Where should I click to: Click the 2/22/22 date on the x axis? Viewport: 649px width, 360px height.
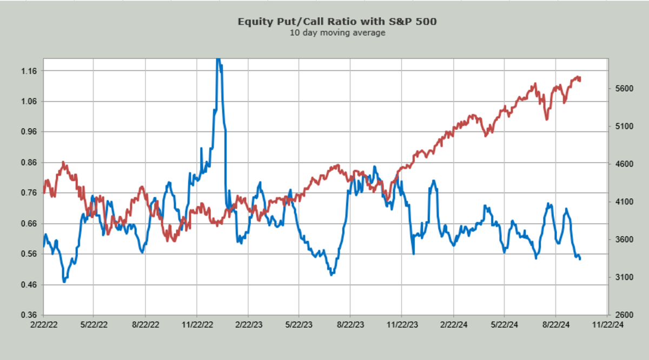click(x=44, y=325)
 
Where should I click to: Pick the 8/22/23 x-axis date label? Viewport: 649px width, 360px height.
click(x=350, y=325)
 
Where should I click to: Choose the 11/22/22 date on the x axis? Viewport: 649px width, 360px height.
click(x=197, y=325)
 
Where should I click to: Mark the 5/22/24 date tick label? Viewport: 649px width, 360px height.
click(x=504, y=325)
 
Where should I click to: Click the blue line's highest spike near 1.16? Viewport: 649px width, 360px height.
click(x=218, y=59)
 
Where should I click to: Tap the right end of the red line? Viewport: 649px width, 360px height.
click(x=580, y=80)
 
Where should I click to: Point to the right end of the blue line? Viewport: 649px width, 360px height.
click(x=580, y=259)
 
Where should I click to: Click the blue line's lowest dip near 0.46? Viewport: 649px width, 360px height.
click(x=64, y=282)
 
